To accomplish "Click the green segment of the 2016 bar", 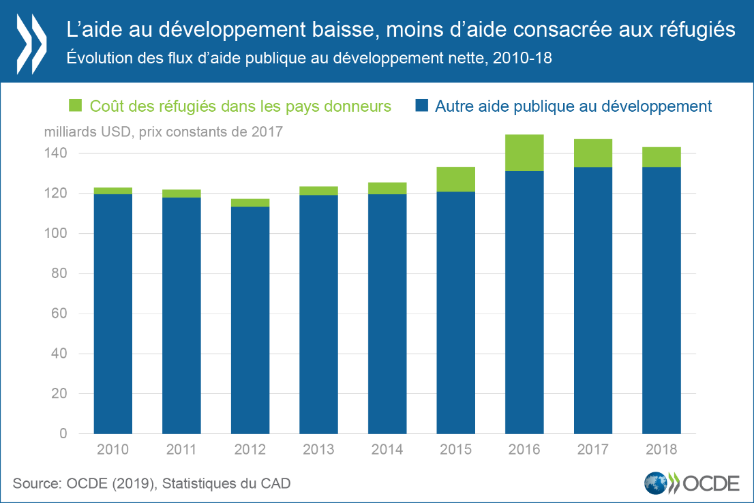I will (524, 153).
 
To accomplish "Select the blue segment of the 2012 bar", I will (250, 320).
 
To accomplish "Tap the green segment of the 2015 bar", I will (455, 179).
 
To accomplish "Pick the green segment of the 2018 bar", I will (661, 157).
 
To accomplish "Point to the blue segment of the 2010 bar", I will (113, 314).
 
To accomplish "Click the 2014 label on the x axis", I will (387, 450).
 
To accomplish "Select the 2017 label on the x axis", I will (592, 450).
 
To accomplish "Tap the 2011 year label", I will (181, 450).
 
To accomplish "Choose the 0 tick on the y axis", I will (63, 434).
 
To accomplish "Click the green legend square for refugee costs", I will (76, 106).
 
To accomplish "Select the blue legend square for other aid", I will (422, 106).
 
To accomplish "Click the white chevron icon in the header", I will (31, 41).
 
